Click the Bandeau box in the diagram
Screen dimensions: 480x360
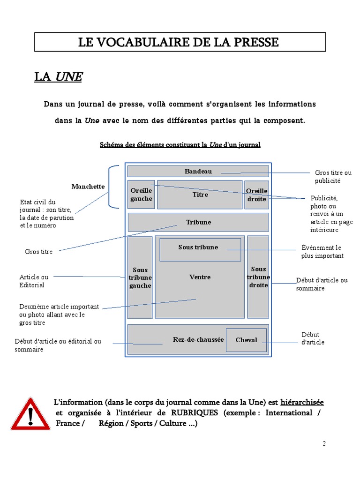(x=198, y=172)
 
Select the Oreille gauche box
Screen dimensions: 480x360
(x=141, y=195)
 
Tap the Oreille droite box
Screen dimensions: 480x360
(x=256, y=195)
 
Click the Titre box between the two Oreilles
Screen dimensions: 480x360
(x=200, y=195)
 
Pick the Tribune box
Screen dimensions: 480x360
(x=198, y=222)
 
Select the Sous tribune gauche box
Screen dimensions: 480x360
(x=140, y=277)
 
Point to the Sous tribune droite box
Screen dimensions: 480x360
(x=258, y=277)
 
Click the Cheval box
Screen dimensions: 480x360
(x=246, y=340)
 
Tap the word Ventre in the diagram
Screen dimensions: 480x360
(x=200, y=277)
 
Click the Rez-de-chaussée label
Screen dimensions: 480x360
(x=198, y=339)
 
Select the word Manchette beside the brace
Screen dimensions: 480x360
(x=88, y=187)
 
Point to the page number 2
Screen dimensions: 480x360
(x=324, y=444)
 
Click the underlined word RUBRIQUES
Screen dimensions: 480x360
(x=195, y=413)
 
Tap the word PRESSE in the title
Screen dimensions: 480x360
(x=255, y=43)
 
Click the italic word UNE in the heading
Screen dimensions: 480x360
(x=69, y=77)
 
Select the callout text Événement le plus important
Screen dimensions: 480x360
(x=322, y=252)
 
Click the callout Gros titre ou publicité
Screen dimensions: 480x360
(x=333, y=177)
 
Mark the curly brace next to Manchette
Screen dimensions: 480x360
(x=113, y=187)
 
